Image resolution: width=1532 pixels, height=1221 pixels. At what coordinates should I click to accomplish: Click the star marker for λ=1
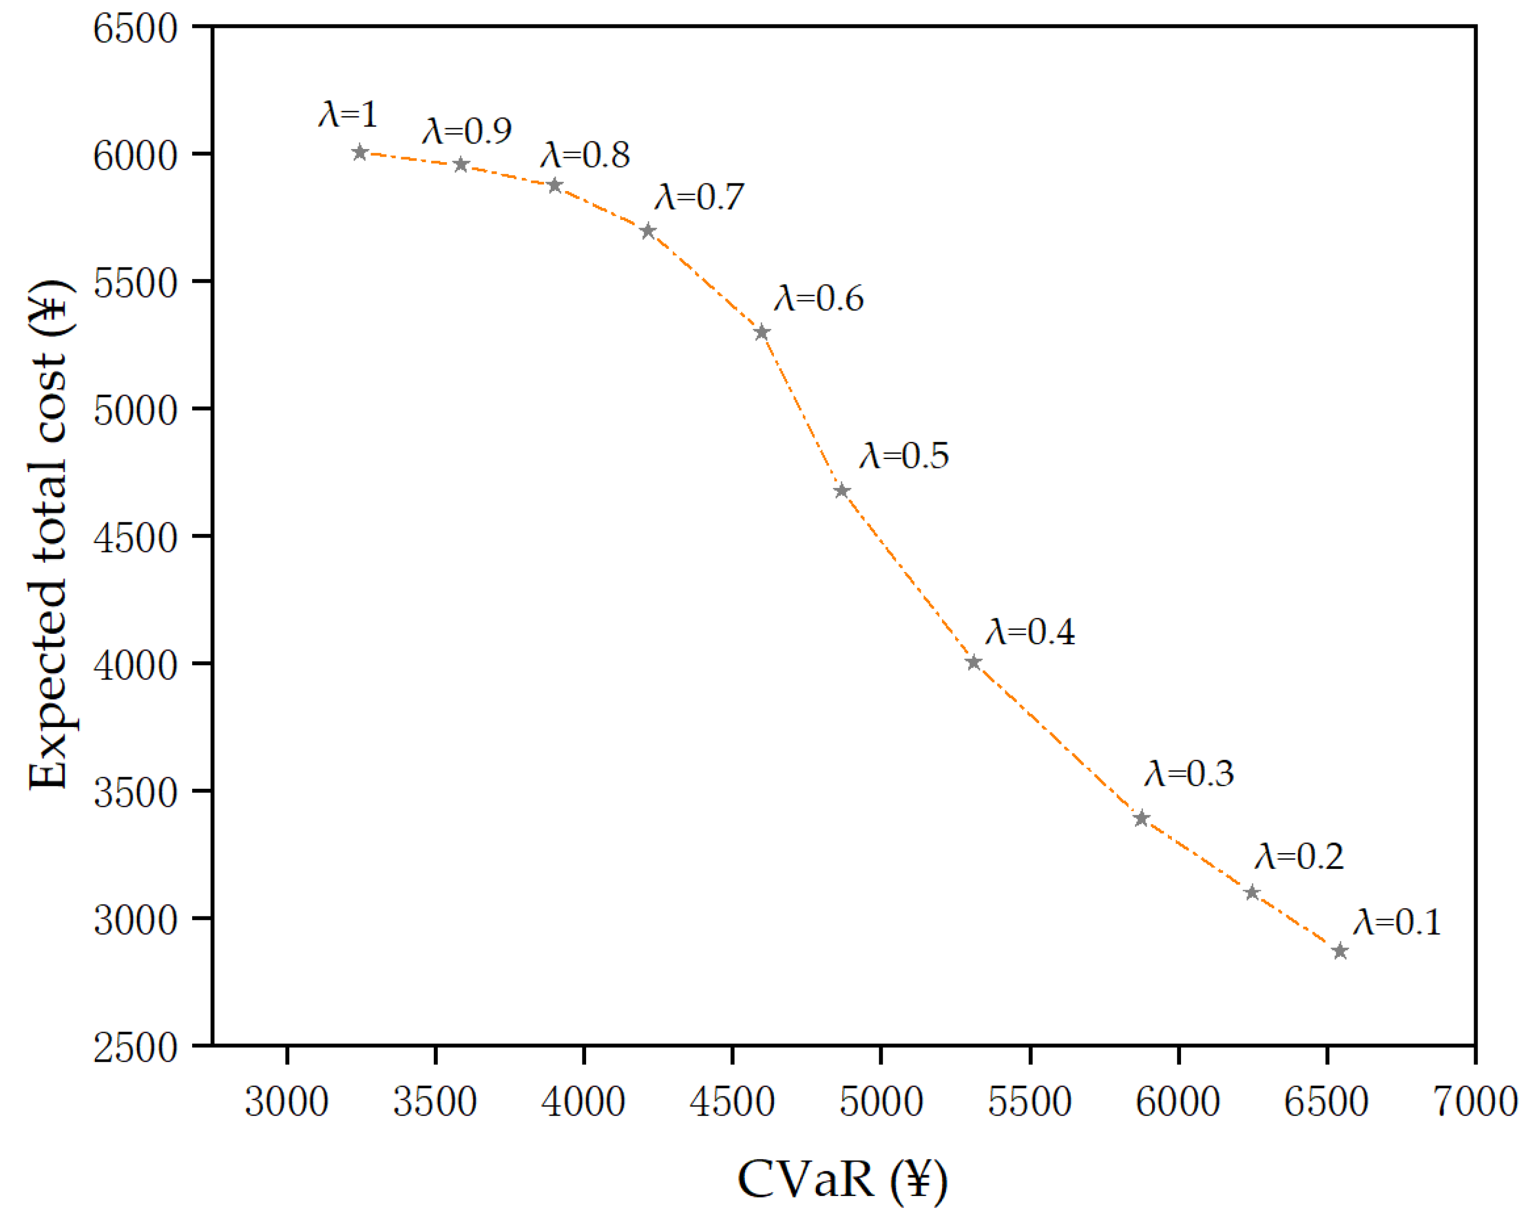click(360, 152)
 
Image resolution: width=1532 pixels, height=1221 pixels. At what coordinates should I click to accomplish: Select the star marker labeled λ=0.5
click(842, 490)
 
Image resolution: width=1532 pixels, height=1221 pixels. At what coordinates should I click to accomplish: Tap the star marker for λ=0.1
click(1340, 951)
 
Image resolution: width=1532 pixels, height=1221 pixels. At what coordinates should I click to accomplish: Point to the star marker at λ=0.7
click(647, 231)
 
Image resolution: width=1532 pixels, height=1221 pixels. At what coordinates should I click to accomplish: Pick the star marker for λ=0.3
click(1142, 818)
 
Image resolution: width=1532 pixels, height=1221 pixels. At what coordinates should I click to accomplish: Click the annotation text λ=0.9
click(467, 131)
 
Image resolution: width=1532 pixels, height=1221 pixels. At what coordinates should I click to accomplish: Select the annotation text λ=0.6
click(819, 299)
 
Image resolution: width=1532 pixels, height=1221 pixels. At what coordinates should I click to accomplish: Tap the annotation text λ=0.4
click(1030, 632)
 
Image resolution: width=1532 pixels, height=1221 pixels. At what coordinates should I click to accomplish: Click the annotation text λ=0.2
click(1299, 856)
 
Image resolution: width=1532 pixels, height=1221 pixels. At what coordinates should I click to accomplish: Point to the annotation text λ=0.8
click(585, 155)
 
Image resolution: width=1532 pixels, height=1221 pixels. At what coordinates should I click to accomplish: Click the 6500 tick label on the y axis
click(135, 30)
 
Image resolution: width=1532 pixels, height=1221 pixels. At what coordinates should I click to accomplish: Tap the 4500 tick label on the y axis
click(135, 539)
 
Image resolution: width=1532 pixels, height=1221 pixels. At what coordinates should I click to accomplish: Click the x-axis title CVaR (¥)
click(842, 1180)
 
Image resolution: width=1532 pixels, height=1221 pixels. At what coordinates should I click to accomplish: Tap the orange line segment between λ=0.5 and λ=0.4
click(908, 576)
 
